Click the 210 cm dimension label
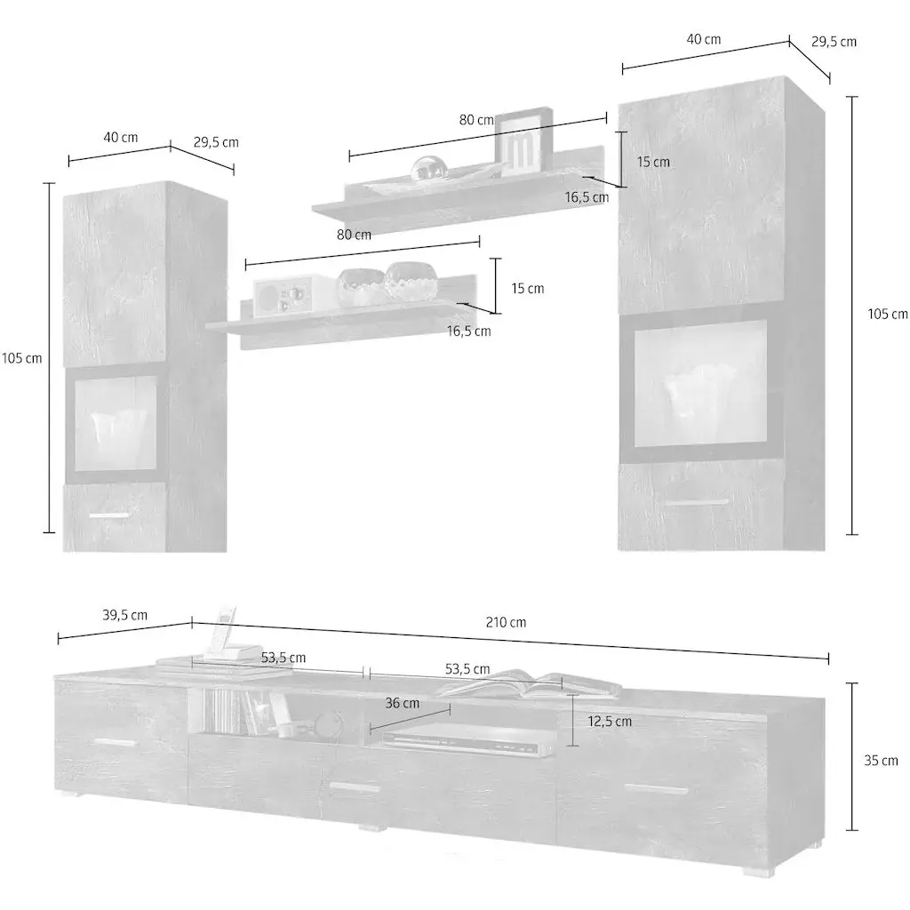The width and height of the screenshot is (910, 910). tap(506, 622)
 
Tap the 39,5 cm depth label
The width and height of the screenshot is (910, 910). tap(124, 615)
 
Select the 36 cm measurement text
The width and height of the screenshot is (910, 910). tap(403, 703)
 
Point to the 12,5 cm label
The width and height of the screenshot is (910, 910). tap(610, 722)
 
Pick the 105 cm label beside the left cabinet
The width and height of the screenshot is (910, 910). tap(22, 358)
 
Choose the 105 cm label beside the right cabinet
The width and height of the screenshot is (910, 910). tap(888, 314)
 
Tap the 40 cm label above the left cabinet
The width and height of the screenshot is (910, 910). tap(121, 137)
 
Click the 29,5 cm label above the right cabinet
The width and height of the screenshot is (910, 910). tap(834, 41)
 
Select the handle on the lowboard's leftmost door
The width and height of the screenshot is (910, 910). tap(116, 742)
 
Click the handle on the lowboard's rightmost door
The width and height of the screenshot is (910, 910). tap(655, 787)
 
